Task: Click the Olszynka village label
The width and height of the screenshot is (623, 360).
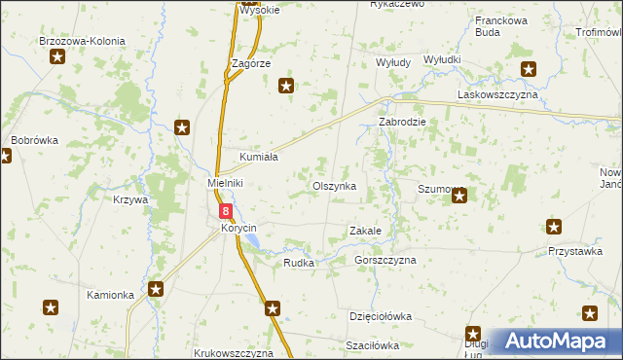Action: coord(334,185)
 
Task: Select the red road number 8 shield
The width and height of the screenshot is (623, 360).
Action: coord(226,210)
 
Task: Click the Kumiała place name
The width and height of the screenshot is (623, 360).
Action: coord(259,157)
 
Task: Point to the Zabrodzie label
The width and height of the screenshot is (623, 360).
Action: coord(402,124)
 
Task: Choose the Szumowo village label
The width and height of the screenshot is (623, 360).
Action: coord(440,189)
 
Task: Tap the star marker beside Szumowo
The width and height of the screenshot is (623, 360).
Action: coord(459,197)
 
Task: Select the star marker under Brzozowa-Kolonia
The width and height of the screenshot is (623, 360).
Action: coord(57,57)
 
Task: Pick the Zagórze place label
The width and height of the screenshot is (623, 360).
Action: coord(250,62)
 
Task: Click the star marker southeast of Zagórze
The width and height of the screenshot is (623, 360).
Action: coord(286,87)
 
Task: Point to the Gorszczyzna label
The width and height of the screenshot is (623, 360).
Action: coord(385,260)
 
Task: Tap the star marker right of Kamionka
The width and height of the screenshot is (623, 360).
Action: coord(156,289)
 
